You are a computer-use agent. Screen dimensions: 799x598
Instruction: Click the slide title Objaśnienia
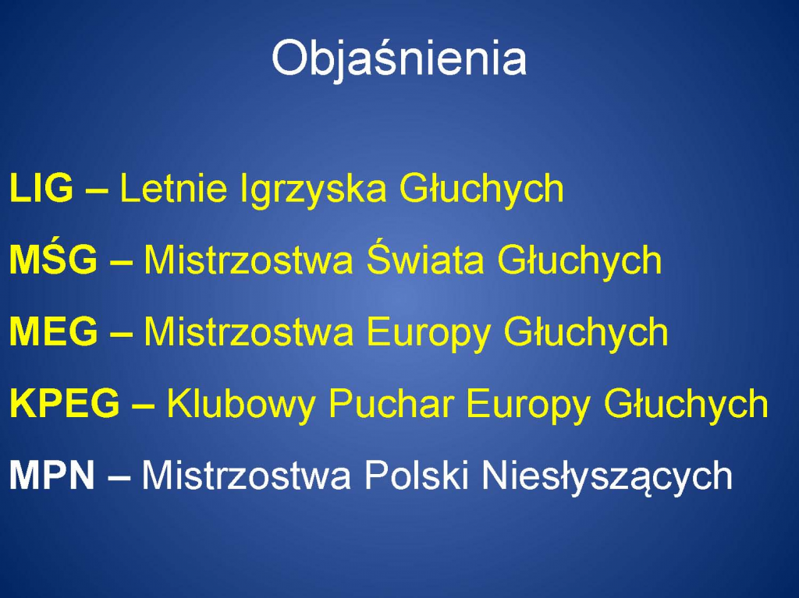tap(399, 59)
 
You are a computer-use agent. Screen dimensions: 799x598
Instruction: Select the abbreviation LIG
tap(41, 188)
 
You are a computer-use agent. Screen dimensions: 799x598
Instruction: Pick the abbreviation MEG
tap(54, 331)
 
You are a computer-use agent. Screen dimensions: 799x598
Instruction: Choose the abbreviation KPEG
tap(65, 403)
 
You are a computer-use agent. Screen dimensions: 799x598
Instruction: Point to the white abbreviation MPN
tap(52, 476)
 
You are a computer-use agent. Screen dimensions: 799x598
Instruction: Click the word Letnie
tap(173, 188)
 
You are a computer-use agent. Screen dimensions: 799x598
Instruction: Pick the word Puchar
tap(391, 403)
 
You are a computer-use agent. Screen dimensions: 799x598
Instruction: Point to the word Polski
tap(417, 476)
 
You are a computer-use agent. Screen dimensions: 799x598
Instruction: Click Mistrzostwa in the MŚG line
tap(248, 260)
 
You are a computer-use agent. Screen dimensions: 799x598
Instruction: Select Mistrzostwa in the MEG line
tap(248, 331)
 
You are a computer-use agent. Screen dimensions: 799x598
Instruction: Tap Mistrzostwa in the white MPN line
tap(246, 476)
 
